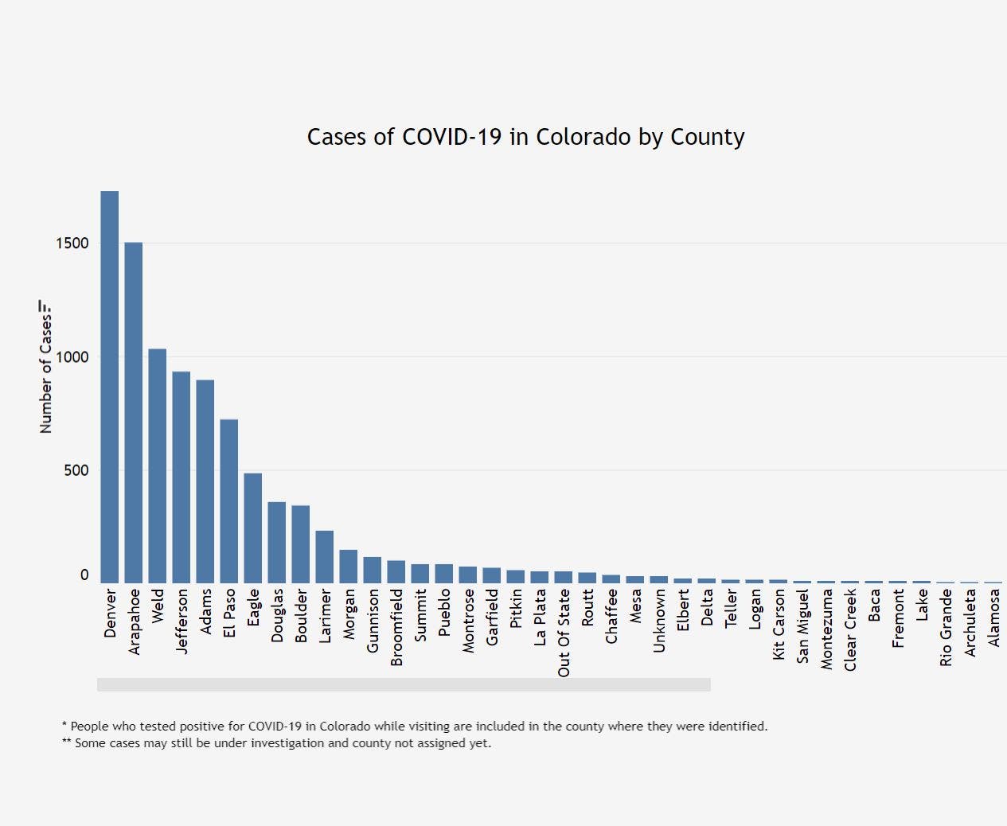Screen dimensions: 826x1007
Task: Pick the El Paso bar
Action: coord(229,501)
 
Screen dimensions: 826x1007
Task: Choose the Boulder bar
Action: coord(301,544)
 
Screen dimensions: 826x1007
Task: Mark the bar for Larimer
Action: coord(325,557)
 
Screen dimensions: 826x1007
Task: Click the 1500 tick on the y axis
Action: coord(72,244)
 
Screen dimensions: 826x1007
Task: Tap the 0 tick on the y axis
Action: coord(84,575)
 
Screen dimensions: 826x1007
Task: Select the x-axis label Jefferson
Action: coord(182,621)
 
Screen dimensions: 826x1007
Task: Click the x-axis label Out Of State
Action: coord(564,633)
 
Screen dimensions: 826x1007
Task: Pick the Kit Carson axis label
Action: coord(779,624)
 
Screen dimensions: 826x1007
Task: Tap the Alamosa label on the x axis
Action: coord(994,618)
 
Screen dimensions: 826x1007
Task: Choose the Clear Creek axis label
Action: coord(851,629)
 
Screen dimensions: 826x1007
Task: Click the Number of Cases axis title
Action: coord(45,374)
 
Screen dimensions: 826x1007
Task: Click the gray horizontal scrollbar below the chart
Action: coord(404,685)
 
